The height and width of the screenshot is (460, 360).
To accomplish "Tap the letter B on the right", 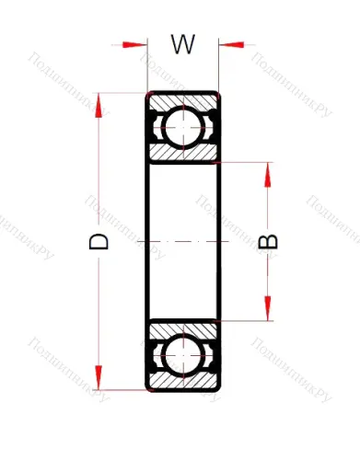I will [x=269, y=241].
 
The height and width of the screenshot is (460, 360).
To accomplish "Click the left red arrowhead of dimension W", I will [x=135, y=42].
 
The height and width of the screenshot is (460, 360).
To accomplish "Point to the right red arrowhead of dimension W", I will [x=231, y=42].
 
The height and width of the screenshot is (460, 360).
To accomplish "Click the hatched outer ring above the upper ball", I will [x=183, y=99].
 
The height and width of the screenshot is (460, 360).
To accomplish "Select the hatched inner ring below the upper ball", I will [x=183, y=152].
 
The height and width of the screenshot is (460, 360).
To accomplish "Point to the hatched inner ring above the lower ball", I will [x=183, y=329].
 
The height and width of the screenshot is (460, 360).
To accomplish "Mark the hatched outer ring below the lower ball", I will [x=183, y=383].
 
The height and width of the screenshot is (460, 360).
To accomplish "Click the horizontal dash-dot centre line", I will [x=183, y=241].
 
